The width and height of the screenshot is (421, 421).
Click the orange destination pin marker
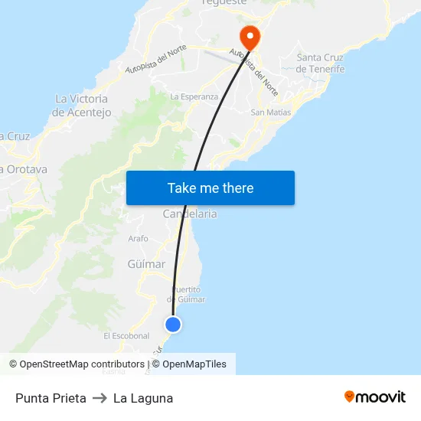250,37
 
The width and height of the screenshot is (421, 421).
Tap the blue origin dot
173,325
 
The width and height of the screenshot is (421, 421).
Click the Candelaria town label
190,214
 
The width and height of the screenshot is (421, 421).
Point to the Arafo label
139,239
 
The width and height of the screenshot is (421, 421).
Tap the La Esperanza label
194,97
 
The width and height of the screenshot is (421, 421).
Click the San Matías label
271,113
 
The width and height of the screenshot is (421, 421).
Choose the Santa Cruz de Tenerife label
320,63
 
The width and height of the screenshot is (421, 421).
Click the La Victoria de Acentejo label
82,106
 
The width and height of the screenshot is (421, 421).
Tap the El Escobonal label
126,336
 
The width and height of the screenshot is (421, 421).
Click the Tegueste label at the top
224,2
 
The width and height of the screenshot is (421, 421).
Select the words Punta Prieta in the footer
51,398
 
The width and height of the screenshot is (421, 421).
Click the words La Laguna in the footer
143,398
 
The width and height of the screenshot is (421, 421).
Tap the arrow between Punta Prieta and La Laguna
100,398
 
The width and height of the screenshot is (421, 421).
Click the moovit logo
375,397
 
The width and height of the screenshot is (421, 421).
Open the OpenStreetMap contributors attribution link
77,364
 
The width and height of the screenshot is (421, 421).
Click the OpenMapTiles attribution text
194,364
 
